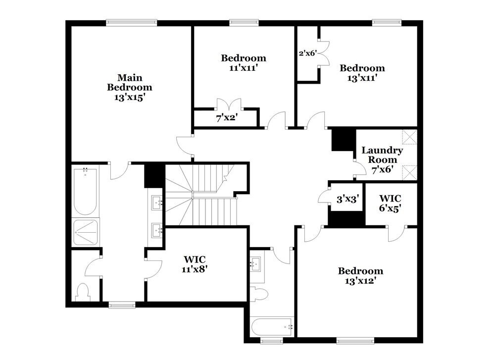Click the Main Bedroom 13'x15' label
(130, 87)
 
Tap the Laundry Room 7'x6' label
(382, 159)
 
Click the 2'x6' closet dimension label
(307, 53)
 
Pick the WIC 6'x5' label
(390, 203)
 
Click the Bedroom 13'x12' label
(360, 276)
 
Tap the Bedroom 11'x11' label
(243, 63)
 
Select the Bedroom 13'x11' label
(362, 73)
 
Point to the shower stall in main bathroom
(86, 233)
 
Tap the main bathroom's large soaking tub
(85, 191)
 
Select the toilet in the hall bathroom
(258, 294)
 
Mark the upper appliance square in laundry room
(409, 137)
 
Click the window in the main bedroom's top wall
(132, 22)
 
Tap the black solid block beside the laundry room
(341, 139)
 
